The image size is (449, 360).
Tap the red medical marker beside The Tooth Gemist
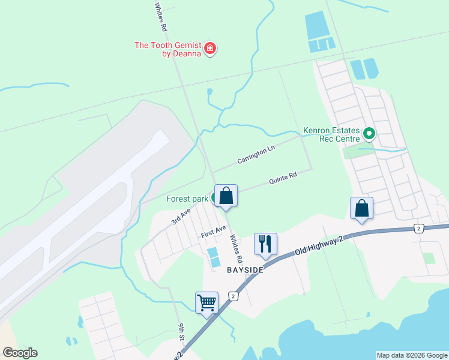(x=210, y=49)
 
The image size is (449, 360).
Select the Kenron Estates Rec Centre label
(x=331, y=135)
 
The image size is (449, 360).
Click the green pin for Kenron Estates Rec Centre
(x=369, y=134)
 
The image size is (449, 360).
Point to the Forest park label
(x=187, y=199)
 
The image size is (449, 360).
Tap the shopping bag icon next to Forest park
(x=226, y=196)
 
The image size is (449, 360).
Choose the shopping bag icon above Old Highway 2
(x=362, y=208)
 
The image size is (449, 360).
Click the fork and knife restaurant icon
(x=265, y=244)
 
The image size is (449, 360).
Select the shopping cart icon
(x=206, y=302)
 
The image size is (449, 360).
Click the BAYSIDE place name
(x=245, y=271)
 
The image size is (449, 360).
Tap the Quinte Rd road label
(x=283, y=178)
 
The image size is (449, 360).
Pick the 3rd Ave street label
(x=180, y=216)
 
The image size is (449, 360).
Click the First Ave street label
(x=214, y=231)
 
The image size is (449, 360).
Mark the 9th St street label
(x=181, y=332)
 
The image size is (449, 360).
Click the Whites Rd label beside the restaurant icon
(x=237, y=248)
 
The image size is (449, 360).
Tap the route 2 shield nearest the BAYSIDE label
(x=233, y=296)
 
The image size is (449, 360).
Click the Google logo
(x=20, y=353)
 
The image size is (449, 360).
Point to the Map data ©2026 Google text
(x=412, y=355)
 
